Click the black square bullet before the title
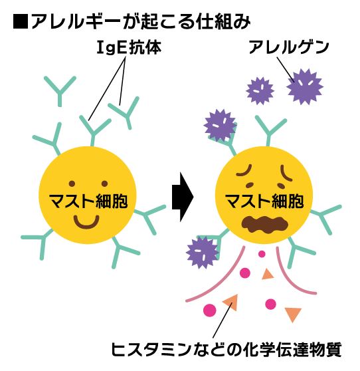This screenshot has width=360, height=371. [x=21, y=22]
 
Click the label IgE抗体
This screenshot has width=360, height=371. [x=130, y=47]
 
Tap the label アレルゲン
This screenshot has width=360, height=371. [x=289, y=47]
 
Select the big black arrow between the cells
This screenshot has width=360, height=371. [x=183, y=197]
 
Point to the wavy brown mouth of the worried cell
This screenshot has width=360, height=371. [x=265, y=224]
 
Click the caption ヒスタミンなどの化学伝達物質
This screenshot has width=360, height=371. [x=226, y=349]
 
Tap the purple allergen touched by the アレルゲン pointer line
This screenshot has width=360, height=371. [x=305, y=86]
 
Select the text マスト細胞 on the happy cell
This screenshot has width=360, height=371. [x=88, y=201]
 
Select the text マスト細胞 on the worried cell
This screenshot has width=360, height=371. [x=264, y=201]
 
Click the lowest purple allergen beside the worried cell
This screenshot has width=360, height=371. [x=202, y=253]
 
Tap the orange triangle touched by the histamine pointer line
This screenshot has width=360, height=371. [x=231, y=303]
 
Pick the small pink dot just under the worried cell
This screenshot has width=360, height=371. [x=262, y=254]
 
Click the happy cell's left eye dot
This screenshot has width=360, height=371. [x=72, y=184]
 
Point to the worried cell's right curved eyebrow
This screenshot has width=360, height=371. [x=286, y=173]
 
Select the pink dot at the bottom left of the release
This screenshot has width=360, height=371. [x=210, y=310]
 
